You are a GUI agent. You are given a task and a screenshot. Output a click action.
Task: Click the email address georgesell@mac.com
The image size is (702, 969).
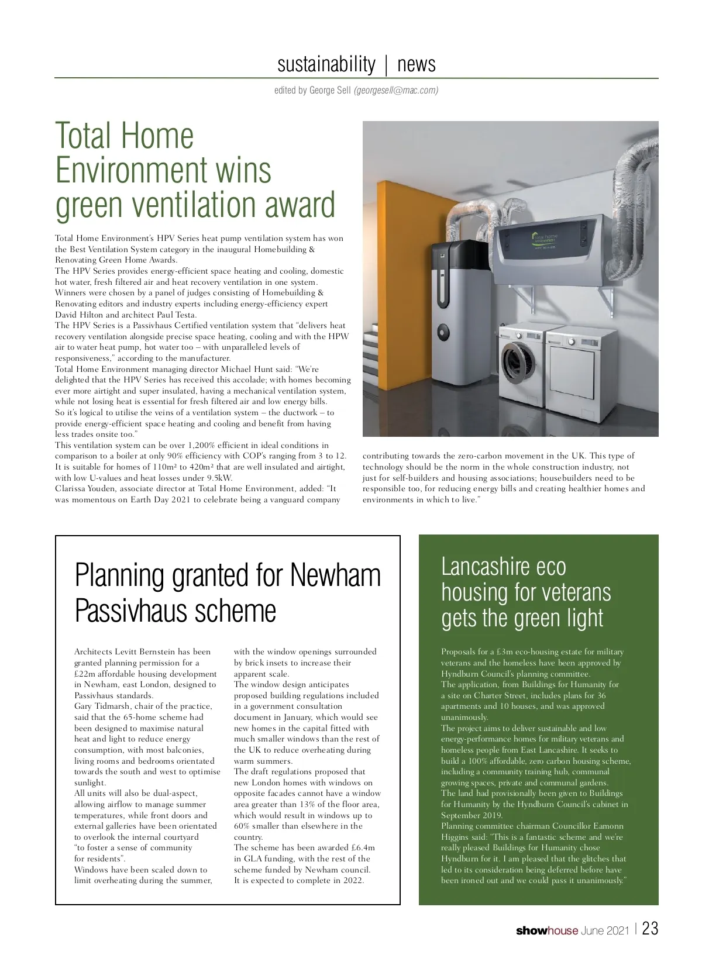coord(396,91)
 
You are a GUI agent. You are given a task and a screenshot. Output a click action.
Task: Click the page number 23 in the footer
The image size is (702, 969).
coord(650,929)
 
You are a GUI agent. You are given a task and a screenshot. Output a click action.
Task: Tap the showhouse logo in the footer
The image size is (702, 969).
coord(546,930)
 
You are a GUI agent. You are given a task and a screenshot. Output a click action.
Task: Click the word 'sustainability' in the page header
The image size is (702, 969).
coord(326,64)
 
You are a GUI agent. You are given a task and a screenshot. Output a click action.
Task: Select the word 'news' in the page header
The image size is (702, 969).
coord(417,64)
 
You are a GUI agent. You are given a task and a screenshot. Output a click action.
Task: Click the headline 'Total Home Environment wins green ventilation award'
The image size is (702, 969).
coord(195,170)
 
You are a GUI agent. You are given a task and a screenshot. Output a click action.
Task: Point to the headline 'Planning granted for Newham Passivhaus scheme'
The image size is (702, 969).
coord(228,592)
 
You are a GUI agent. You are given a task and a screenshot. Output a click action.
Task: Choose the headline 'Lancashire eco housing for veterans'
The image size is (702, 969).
coord(525,592)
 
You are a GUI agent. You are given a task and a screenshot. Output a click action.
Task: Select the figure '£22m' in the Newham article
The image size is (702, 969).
coord(85,674)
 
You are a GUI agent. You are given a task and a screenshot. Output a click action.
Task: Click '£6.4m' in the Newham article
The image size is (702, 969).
coord(362,847)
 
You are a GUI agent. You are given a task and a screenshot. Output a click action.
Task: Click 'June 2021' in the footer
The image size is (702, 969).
coord(605,930)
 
